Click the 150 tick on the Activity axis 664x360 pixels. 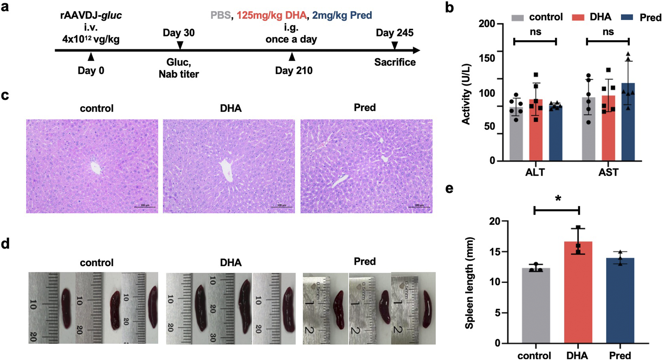point(487,58)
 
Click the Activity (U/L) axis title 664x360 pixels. point(466,94)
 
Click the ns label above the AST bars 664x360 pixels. point(608,32)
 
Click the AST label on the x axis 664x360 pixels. point(608,172)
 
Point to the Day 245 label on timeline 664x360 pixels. point(395,33)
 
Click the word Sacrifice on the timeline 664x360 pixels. point(395,62)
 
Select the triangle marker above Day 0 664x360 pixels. point(91,57)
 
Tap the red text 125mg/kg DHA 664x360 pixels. point(271,15)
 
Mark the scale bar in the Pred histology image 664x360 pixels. point(419,206)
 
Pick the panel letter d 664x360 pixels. point(5,244)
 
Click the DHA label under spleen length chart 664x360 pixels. point(577,355)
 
